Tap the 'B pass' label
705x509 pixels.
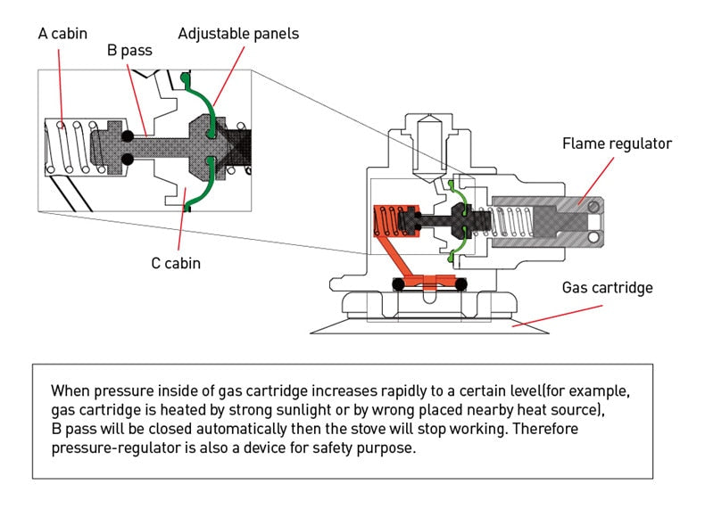129,51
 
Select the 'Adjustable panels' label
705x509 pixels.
238,34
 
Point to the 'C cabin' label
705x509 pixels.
175,263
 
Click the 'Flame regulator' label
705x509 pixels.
617,143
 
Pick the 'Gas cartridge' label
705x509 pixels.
607,288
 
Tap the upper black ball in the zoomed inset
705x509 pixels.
129,135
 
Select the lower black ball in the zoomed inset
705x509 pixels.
129,159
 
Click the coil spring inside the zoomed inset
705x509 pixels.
66,146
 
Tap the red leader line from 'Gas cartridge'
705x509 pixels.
559,313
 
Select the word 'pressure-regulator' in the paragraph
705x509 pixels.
109,447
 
